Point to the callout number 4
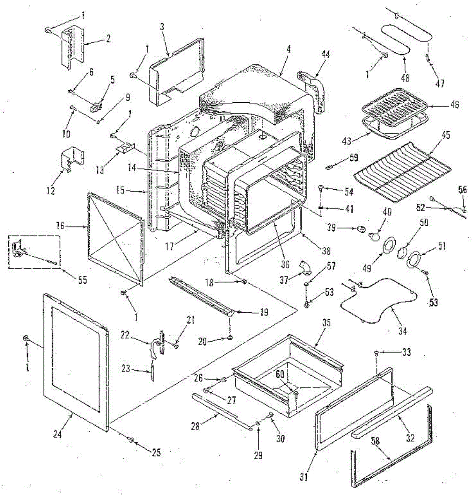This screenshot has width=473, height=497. point(288,49)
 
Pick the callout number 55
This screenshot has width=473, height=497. point(83,280)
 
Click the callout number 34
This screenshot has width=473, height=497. point(402,331)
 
